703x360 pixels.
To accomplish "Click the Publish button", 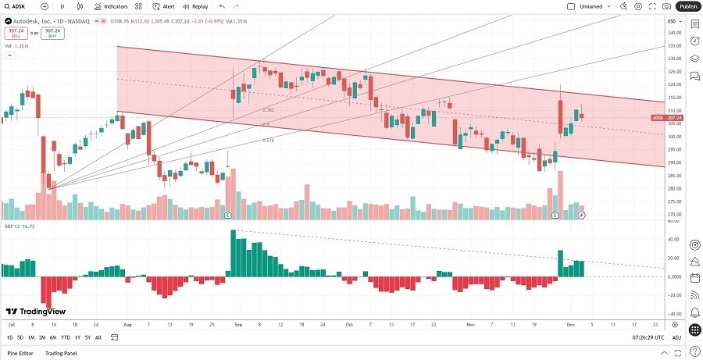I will tap(687, 6).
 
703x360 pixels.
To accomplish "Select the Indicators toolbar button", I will tap(112, 6).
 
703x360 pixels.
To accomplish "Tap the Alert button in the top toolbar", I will tap(163, 6).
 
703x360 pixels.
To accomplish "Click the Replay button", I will tap(195, 6).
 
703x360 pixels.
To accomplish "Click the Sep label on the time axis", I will tap(237, 323).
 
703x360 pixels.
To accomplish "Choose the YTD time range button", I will tap(66, 337).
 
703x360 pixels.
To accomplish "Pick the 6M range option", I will tap(52, 337).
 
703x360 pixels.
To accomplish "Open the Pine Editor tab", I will tap(20, 353).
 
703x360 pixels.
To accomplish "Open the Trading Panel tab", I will tap(60, 353).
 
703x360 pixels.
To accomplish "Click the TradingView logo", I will tap(31, 310).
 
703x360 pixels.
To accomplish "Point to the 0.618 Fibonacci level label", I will tap(268, 140).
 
